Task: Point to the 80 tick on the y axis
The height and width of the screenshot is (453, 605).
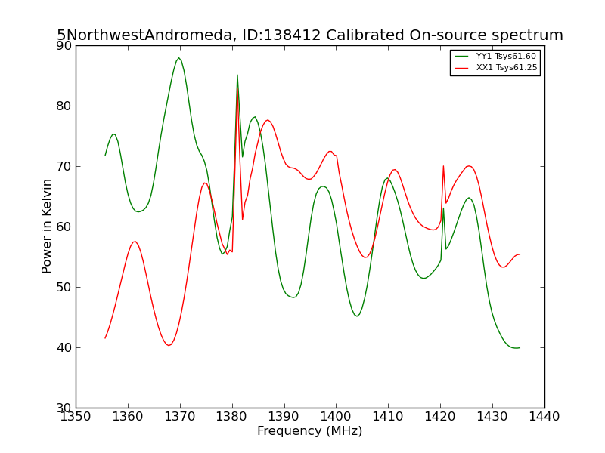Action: [x=77, y=106]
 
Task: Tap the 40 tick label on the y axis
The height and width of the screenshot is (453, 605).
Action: [x=64, y=348]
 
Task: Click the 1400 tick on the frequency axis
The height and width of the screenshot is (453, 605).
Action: [x=336, y=407]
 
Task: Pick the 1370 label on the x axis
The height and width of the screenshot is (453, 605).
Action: [x=180, y=417]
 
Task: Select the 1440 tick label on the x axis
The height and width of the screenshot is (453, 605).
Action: [x=544, y=417]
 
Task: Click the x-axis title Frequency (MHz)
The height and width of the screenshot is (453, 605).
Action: [x=310, y=430]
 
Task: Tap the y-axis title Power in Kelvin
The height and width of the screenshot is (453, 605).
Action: [x=47, y=226]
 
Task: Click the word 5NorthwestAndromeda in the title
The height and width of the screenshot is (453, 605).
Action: [x=144, y=35]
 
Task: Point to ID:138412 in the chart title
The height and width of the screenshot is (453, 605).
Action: [x=281, y=35]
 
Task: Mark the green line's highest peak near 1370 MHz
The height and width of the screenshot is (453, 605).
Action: [x=178, y=58]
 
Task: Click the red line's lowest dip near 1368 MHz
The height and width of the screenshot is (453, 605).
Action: [x=169, y=345]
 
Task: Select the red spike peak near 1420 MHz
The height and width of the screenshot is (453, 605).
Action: [x=443, y=166]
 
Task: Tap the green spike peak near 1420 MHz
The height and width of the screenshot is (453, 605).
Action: [x=443, y=208]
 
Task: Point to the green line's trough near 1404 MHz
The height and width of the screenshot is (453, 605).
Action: [x=357, y=316]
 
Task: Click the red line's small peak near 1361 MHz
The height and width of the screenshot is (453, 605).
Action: [x=135, y=242]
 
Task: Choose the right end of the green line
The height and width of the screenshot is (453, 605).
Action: [x=520, y=348]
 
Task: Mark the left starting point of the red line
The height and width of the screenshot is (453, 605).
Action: [x=105, y=338]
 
